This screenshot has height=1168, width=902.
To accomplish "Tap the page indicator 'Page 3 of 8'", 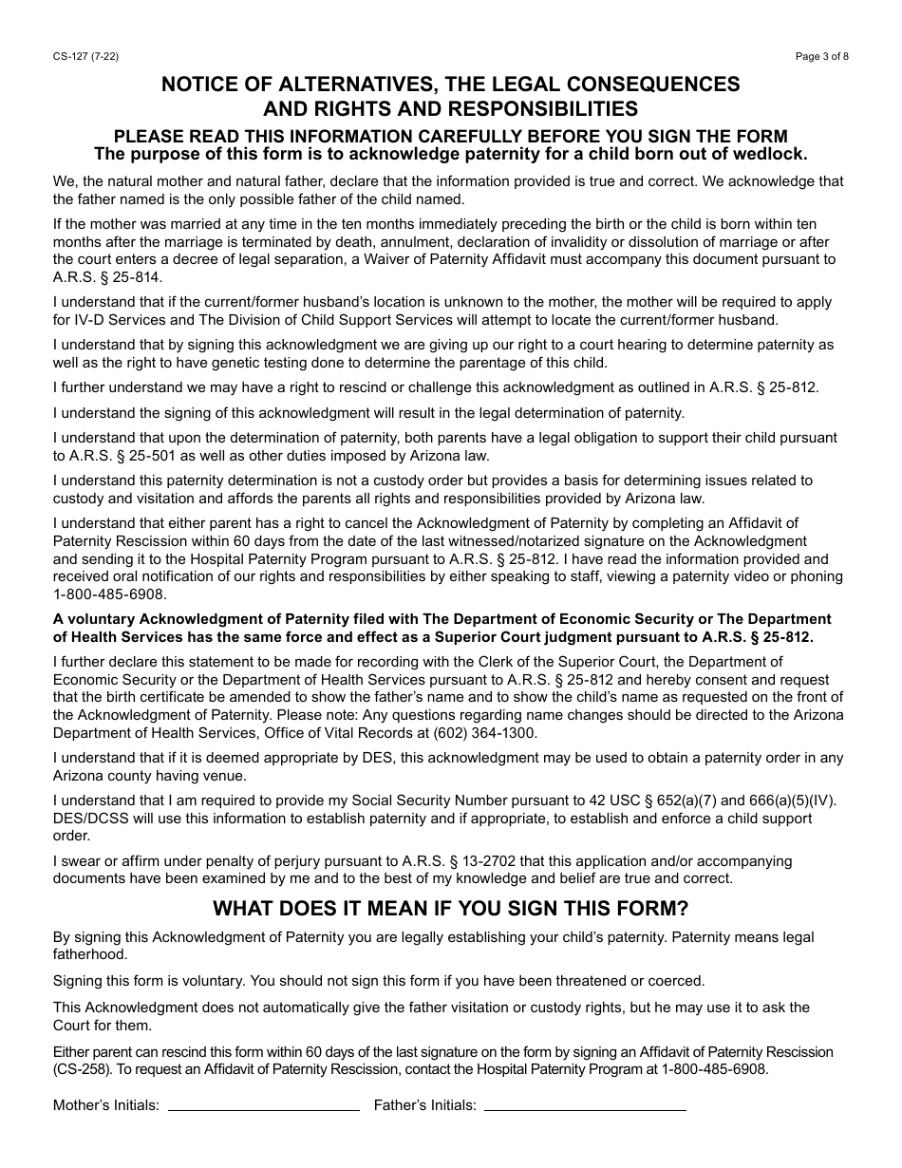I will tap(822, 56).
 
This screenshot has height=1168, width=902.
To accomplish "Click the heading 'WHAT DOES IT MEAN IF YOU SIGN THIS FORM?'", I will tap(450, 908).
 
